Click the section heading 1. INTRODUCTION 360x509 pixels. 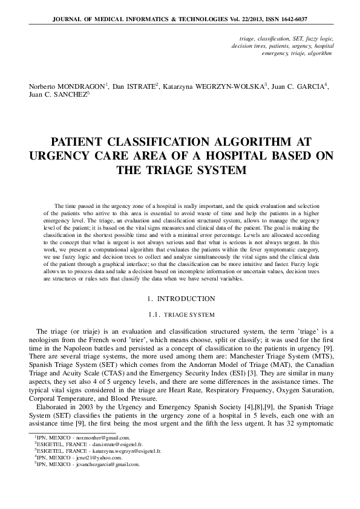pos(181,299)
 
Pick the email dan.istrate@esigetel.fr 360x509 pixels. pos(121,444)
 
